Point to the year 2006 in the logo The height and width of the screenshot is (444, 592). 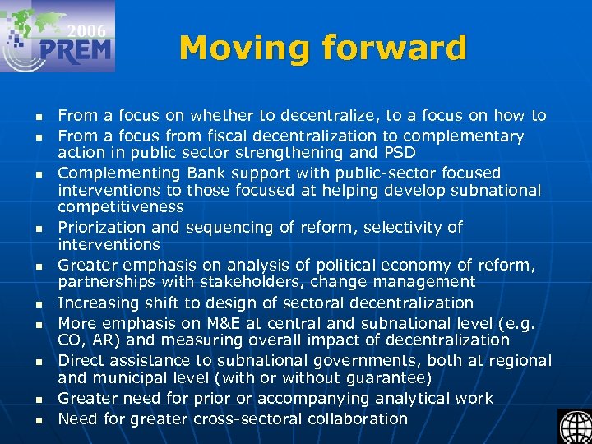pyautogui.click(x=86, y=31)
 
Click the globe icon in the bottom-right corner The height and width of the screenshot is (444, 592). pyautogui.click(x=575, y=426)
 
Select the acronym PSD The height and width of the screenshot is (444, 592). pyautogui.click(x=400, y=153)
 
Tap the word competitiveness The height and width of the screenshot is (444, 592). pyautogui.click(x=120, y=208)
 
